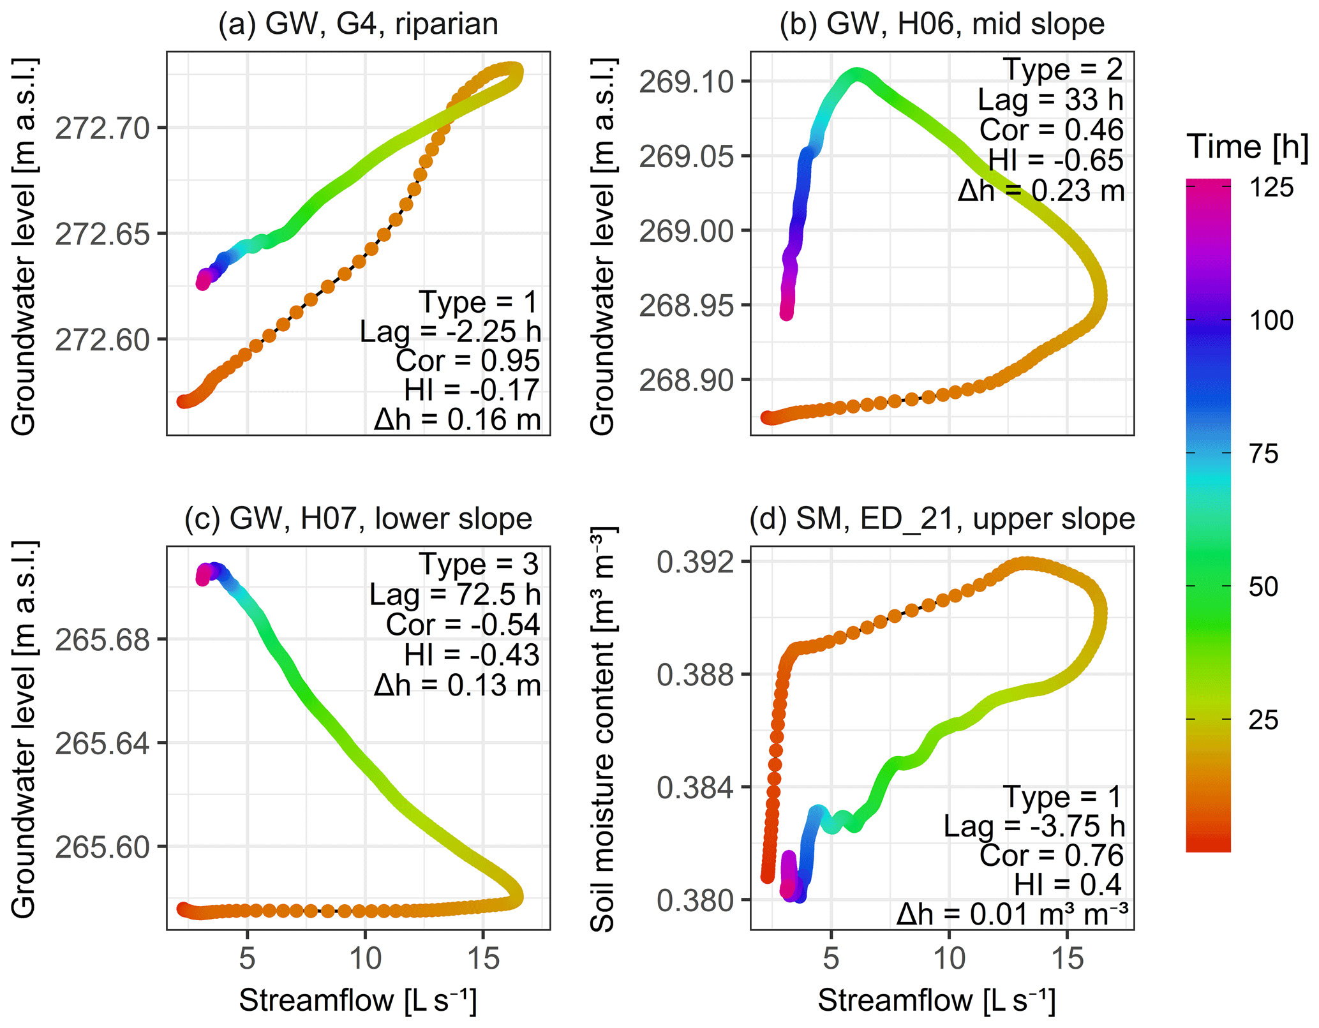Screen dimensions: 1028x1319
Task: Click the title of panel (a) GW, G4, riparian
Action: [x=358, y=25]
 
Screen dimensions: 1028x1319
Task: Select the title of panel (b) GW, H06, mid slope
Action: [x=942, y=25]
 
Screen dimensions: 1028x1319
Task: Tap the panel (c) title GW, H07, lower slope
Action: [x=358, y=519]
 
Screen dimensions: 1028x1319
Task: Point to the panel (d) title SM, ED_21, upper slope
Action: [x=942, y=519]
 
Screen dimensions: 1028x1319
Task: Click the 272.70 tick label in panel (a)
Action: [x=102, y=128]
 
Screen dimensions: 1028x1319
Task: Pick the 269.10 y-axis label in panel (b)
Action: [x=686, y=82]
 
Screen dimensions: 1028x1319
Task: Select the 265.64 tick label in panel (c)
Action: [x=102, y=743]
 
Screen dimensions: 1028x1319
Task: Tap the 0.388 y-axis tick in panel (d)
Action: [x=695, y=674]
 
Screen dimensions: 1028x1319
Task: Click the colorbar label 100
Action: [x=1271, y=320]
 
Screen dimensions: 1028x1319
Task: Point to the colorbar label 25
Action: [x=1263, y=720]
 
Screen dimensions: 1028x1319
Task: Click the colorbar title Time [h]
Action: [x=1247, y=147]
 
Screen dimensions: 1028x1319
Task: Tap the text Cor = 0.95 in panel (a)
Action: [x=468, y=361]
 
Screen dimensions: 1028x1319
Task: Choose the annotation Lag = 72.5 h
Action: [x=454, y=595]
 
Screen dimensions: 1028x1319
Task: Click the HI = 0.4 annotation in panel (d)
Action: [x=1068, y=885]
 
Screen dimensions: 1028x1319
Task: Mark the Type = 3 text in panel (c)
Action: [x=479, y=565]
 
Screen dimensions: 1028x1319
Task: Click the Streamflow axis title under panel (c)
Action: [x=358, y=1000]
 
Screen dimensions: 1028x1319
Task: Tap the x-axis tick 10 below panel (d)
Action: [x=949, y=958]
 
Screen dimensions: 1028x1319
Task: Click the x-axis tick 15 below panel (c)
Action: [x=483, y=958]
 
